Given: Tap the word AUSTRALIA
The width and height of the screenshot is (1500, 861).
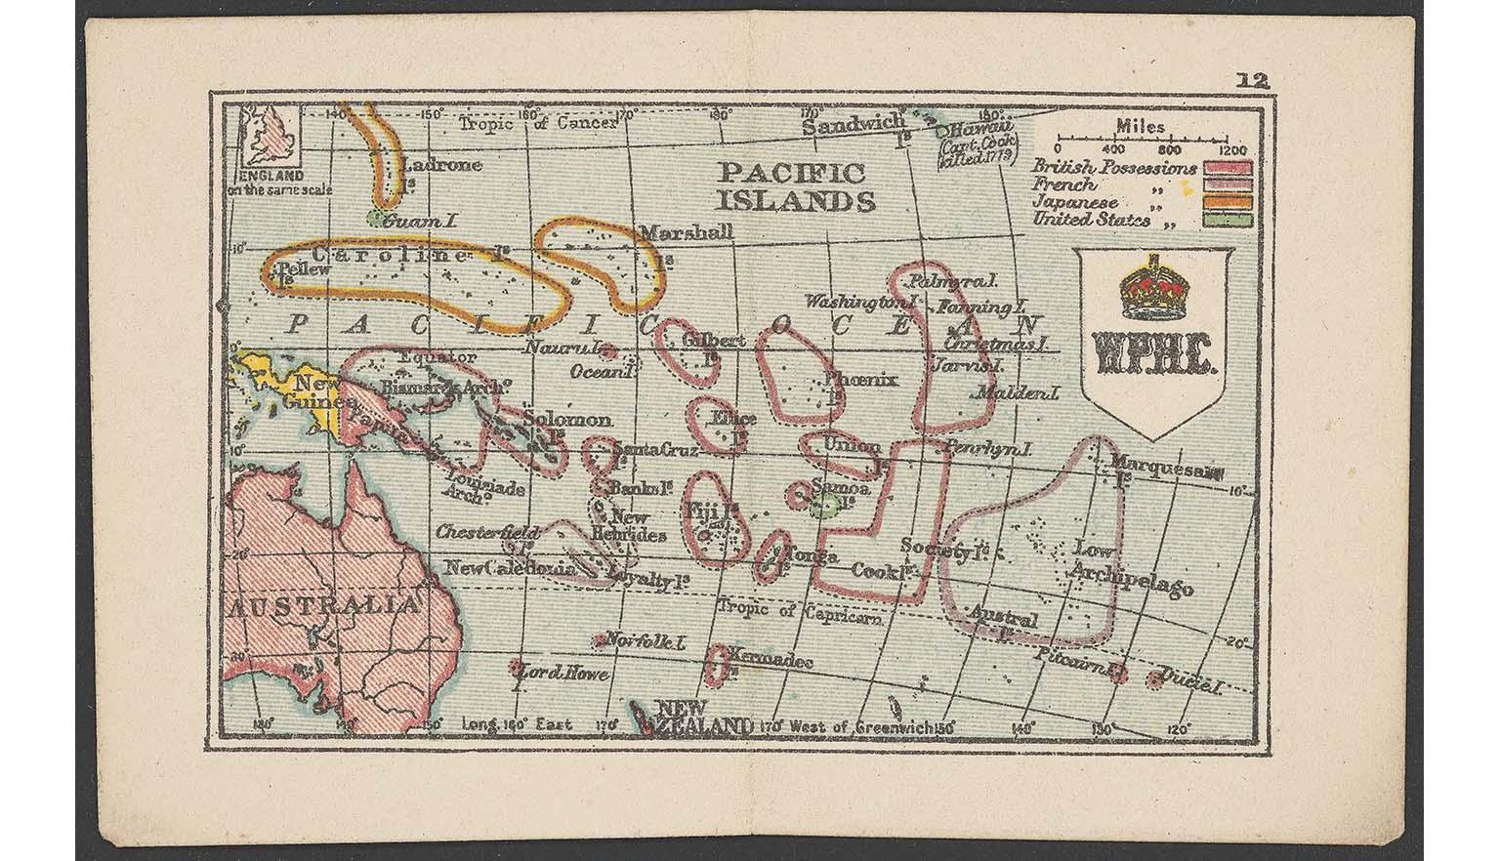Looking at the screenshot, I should point(322,605).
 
